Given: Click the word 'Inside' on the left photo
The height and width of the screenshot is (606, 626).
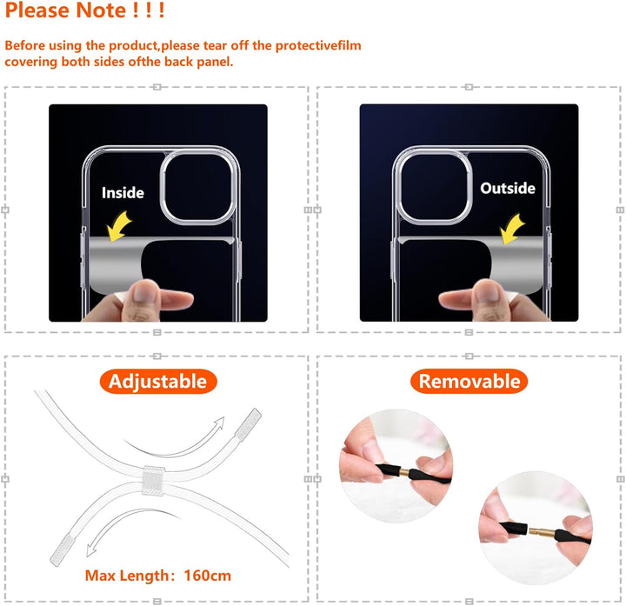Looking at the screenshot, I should tap(123, 192).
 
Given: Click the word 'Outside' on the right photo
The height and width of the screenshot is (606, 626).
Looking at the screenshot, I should tap(508, 188).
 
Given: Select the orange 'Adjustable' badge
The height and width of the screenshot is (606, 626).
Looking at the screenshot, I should tap(157, 381).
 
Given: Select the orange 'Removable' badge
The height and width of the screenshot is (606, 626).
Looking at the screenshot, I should tap(469, 381).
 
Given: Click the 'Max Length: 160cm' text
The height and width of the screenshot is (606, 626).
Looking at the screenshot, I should tap(158, 575).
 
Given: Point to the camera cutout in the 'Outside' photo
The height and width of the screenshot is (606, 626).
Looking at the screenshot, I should tap(430, 183).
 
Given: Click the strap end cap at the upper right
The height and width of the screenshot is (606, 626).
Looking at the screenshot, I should tap(250, 423).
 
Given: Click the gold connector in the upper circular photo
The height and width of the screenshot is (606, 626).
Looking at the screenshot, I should tap(403, 469).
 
